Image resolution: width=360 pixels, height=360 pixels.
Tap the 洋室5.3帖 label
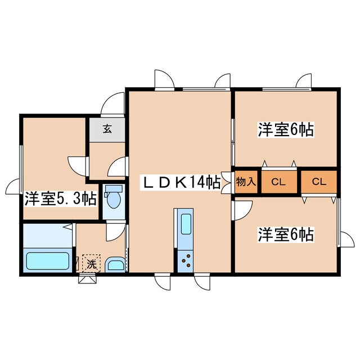[x=60, y=199]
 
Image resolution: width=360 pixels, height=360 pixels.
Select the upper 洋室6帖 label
[x=285, y=130]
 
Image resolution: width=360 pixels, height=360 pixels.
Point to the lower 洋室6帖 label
[x=285, y=233]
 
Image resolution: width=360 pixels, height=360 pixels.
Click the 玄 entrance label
[x=106, y=128]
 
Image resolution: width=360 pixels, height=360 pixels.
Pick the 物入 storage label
[x=246, y=182]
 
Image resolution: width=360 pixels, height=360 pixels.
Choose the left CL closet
[x=278, y=182]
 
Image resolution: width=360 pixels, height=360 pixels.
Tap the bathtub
[x=48, y=262]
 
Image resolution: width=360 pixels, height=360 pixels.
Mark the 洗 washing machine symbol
[x=91, y=262]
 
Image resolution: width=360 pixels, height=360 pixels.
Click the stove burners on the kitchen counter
[x=185, y=260]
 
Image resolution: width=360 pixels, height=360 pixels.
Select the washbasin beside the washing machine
[x=116, y=264]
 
